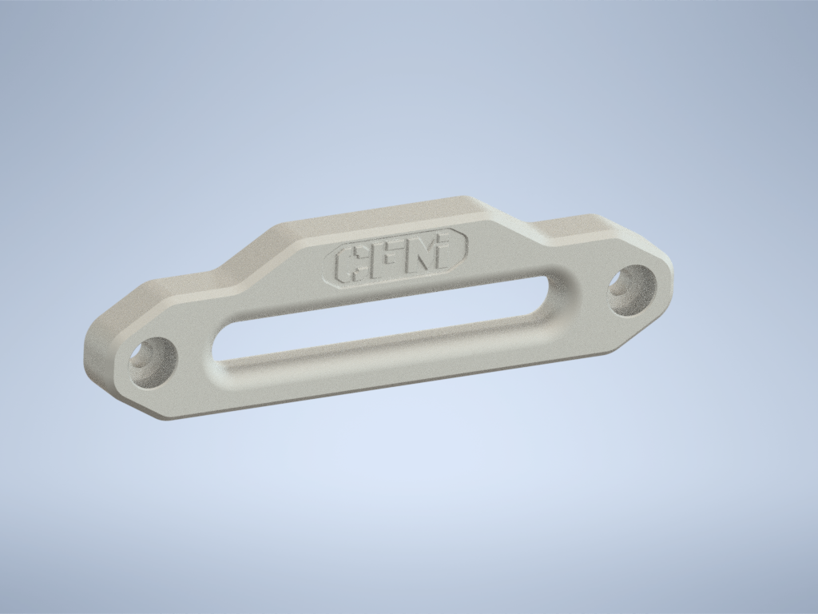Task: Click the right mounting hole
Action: coord(633,288)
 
